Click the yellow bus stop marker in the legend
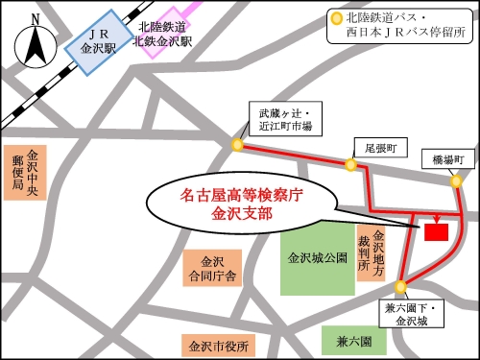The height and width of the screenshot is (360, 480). [x=336, y=17]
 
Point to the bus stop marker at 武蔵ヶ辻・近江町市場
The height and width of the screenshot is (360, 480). [x=237, y=145]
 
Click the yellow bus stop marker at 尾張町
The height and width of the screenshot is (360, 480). [x=351, y=165]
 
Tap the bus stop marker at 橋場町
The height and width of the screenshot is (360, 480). [x=457, y=180]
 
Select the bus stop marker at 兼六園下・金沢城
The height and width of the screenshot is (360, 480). [x=399, y=284]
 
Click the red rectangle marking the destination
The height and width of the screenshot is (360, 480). [x=436, y=231]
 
